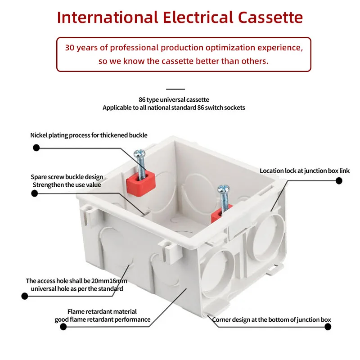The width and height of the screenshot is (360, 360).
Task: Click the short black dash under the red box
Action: coord(175,89)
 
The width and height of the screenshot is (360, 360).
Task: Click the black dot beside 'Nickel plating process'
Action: coord(36,148)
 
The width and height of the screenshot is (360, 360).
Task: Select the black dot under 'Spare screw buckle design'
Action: coord(34,193)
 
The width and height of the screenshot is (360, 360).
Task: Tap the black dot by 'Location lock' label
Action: coord(339,181)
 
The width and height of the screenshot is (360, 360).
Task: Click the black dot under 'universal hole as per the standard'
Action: coord(25,296)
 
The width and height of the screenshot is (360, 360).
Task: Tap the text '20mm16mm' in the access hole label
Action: coord(107,281)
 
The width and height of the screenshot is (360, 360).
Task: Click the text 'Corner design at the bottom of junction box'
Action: coord(271,320)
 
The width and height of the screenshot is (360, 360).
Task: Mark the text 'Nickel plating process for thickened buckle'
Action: coord(89,135)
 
